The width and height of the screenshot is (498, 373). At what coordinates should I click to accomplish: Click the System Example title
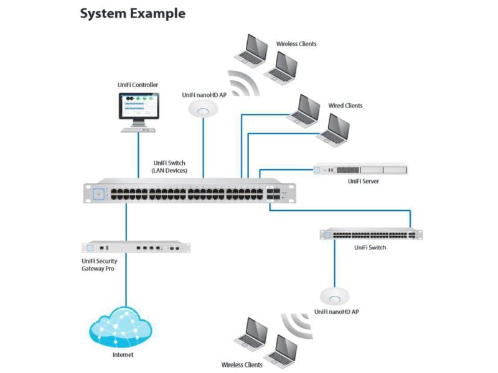pos(133,13)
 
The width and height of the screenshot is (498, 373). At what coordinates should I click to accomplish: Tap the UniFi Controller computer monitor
pos(138,106)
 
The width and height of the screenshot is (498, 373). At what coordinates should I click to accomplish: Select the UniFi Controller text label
pos(138,85)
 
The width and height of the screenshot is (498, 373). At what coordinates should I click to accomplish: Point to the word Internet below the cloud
pos(123,355)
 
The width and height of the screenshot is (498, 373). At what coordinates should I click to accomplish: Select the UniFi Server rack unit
pos(360,169)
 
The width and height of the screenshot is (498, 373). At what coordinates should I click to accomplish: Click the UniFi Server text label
pos(363,182)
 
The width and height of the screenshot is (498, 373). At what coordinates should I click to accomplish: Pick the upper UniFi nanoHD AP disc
pos(204,109)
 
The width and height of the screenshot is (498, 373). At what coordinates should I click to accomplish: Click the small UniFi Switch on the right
pos(371,234)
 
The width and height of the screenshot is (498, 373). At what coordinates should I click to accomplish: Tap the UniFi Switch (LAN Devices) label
pos(169,167)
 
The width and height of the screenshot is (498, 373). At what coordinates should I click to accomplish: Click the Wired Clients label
pos(345,106)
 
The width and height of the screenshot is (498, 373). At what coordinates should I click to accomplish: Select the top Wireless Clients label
pos(296,44)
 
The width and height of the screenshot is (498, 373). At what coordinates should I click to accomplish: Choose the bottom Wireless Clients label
pos(242,365)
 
